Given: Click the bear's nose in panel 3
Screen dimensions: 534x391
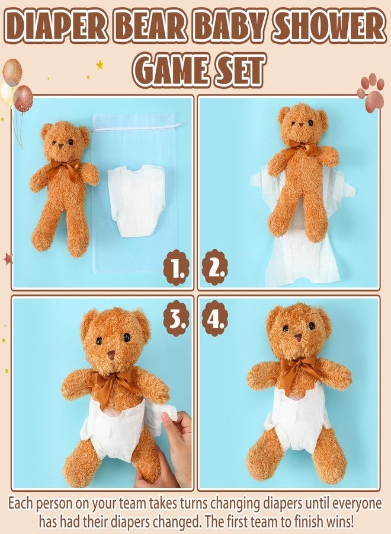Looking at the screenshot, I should (111, 355).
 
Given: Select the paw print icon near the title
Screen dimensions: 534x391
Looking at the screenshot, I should (370, 93).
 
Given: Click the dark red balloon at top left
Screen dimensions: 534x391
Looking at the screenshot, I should (24, 98).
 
